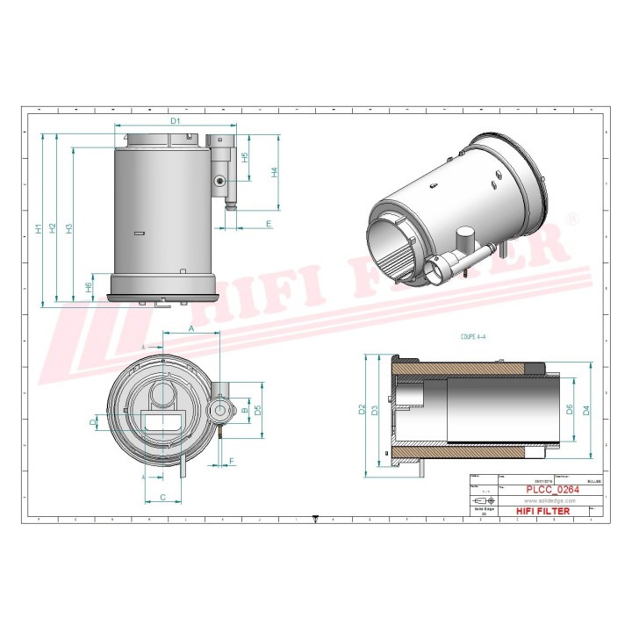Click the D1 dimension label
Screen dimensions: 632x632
tap(175, 120)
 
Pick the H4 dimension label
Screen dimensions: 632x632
tap(274, 173)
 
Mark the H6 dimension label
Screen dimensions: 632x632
tap(88, 287)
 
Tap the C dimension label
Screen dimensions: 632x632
tap(163, 497)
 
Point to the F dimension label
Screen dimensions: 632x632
tap(232, 460)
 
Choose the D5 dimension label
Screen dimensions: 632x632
tap(257, 410)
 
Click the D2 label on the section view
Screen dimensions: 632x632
tap(361, 408)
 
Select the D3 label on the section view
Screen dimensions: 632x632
tap(375, 410)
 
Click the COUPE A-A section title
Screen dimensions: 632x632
tap(474, 335)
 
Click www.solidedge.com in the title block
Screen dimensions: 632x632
tap(549, 500)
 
